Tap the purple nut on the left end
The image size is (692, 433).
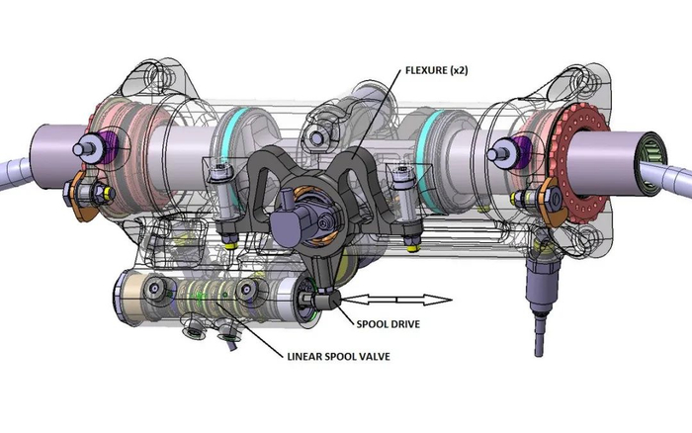[x=99, y=145]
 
